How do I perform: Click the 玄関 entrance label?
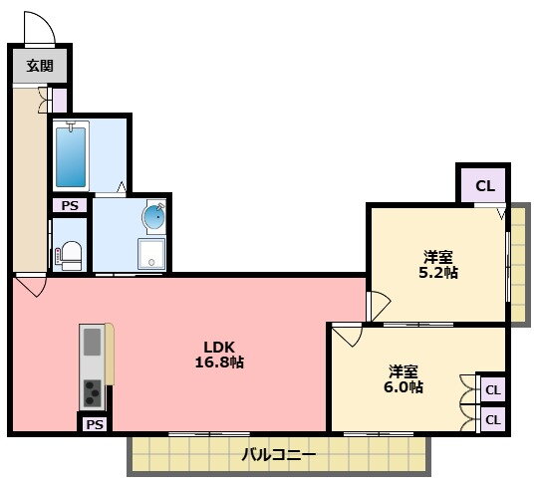(40, 65)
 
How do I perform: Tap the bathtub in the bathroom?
(71, 156)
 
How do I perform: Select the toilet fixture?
(70, 256)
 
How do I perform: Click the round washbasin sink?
(154, 217)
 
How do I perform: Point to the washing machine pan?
(151, 254)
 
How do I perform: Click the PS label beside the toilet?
(70, 205)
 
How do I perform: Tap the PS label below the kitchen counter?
(95, 424)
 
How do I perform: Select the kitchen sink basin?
(93, 342)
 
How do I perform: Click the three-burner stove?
(93, 393)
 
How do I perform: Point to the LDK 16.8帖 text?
(219, 355)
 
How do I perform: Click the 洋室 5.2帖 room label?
(438, 264)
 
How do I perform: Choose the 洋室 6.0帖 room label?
(403, 378)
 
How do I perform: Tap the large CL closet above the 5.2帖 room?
(485, 186)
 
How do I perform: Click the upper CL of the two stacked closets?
(493, 389)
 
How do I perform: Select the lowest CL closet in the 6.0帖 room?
(493, 419)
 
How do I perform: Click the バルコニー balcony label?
(279, 455)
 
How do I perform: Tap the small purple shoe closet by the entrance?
(60, 101)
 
